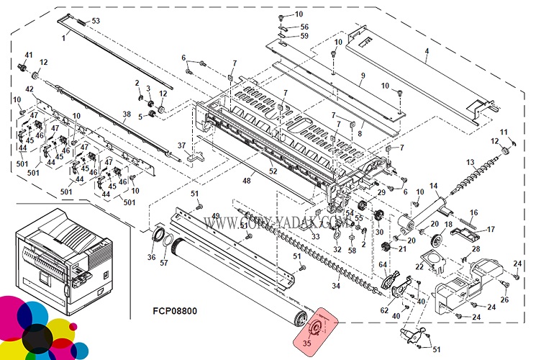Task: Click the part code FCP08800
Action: [x=175, y=311]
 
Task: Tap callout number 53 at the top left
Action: [x=96, y=20]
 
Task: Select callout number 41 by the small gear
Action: [x=29, y=55]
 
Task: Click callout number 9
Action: [x=363, y=76]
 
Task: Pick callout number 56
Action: [x=304, y=27]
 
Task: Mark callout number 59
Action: [x=304, y=36]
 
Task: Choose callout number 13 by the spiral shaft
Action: [x=470, y=162]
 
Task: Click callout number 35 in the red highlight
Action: [x=307, y=343]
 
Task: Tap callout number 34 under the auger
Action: [x=335, y=287]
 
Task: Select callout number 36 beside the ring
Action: [x=151, y=258]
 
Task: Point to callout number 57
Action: [x=164, y=264]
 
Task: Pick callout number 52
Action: [x=273, y=171]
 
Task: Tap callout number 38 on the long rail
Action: [x=126, y=114]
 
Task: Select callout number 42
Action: [x=29, y=89]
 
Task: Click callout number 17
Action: [x=492, y=230]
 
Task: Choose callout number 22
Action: [x=419, y=267]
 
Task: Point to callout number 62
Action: [x=384, y=310]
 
